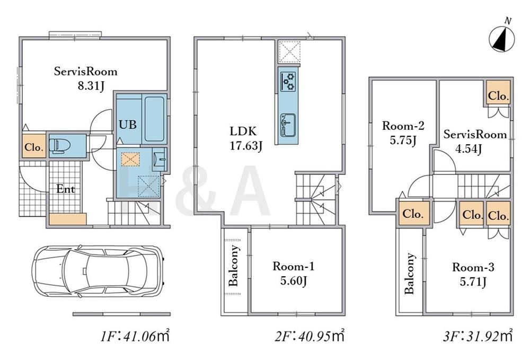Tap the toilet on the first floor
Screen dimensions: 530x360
click(60, 146)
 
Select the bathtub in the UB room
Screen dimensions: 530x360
click(155, 118)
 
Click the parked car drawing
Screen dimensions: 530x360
click(98, 271)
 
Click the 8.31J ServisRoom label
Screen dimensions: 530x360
click(86, 78)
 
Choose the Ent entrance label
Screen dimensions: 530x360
click(66, 189)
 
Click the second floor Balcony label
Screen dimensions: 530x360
click(235, 266)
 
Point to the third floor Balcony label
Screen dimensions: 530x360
click(410, 274)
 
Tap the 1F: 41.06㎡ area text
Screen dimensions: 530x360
click(135, 336)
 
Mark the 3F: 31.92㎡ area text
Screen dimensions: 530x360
click(478, 336)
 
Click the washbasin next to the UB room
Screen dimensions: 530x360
click(158, 158)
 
